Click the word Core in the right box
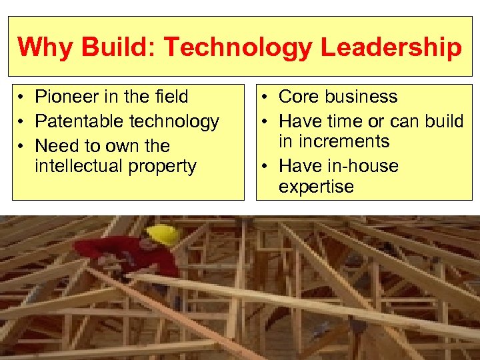click(298, 97)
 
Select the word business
click(360, 97)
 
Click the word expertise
click(316, 187)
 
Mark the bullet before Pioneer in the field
click(23, 98)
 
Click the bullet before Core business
click(267, 98)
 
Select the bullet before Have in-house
click(267, 167)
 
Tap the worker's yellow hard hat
click(163, 235)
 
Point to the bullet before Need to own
click(23, 146)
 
